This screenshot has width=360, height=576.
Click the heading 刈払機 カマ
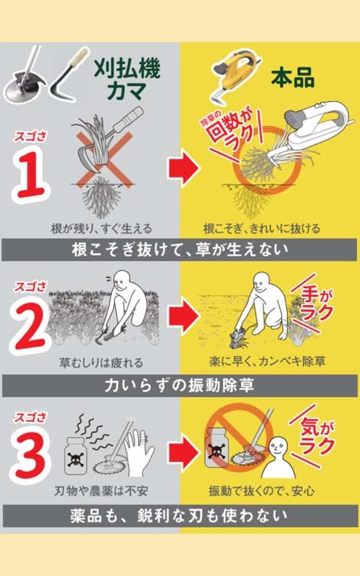tap(127, 78)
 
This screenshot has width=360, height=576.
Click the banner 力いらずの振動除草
tap(180, 386)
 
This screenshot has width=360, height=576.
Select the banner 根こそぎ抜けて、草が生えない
tap(180, 250)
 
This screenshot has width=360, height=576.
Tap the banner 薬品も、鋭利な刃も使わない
tap(180, 516)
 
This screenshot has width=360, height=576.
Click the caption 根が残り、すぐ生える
tap(101, 229)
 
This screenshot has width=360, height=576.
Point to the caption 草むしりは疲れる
tap(101, 363)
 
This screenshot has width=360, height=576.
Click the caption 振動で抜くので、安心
tap(262, 491)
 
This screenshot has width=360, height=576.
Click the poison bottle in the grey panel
tap(76, 455)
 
